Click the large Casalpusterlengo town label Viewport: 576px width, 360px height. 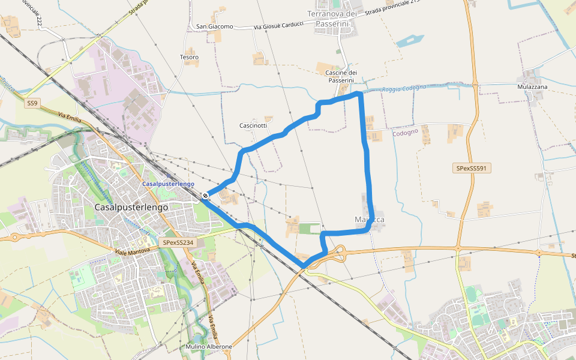click(131, 206)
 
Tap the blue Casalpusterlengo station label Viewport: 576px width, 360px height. click(169, 184)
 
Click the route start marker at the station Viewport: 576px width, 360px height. click(205, 196)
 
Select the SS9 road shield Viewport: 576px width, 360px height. click(32, 104)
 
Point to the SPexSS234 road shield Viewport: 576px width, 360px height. click(178, 242)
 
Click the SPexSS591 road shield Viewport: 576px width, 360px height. click(472, 169)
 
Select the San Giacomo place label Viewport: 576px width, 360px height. click(214, 27)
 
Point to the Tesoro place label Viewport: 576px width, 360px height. click(189, 58)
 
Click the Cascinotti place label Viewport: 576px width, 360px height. click(253, 125)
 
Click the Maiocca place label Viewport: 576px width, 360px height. click(370, 220)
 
